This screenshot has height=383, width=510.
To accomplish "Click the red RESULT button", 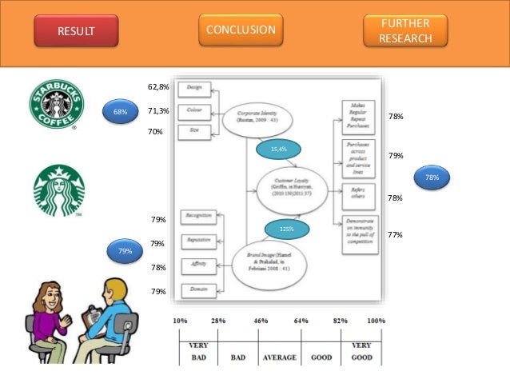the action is pyautogui.click(x=75, y=31).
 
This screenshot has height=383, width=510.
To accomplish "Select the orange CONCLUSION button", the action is pyautogui.click(x=241, y=30).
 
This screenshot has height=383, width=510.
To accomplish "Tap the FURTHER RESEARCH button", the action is pyautogui.click(x=405, y=30).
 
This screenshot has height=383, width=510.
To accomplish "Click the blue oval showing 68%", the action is pyautogui.click(x=120, y=112).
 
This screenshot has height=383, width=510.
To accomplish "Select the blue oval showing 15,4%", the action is pyautogui.click(x=279, y=150).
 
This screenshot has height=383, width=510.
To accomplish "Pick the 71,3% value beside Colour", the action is pyautogui.click(x=158, y=111).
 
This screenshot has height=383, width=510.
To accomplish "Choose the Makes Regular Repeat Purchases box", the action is pyautogui.click(x=359, y=115).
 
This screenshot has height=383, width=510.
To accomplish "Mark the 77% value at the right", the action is pyautogui.click(x=394, y=235).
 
